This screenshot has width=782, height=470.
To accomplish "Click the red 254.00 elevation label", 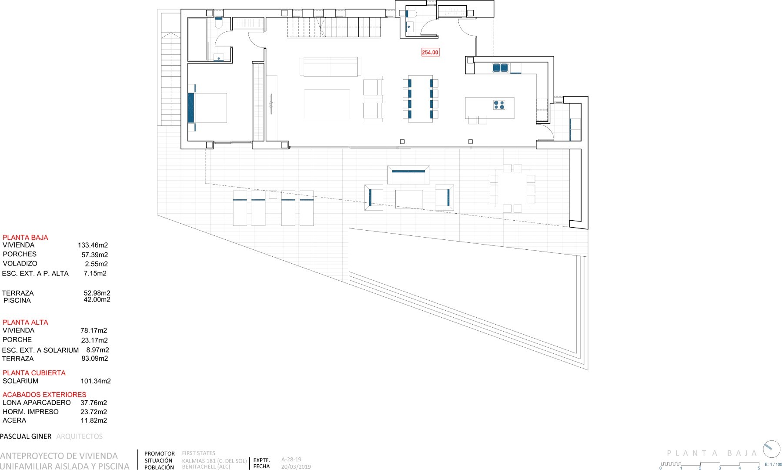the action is [x=430, y=52].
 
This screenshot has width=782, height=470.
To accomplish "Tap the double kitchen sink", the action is [x=500, y=67].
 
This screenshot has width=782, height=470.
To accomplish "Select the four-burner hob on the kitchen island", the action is [x=499, y=104].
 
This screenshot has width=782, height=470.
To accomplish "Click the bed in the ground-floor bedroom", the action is [x=207, y=107].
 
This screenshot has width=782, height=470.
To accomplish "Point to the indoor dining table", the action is [x=420, y=99].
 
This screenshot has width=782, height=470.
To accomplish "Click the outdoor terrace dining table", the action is [x=512, y=188].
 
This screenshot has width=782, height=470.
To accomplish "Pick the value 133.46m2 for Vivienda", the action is [x=93, y=245].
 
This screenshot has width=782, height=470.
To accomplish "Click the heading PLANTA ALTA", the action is [x=25, y=322].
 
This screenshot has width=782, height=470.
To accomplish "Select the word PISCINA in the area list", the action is [x=17, y=300].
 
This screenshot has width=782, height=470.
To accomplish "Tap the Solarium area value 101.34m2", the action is [x=96, y=381].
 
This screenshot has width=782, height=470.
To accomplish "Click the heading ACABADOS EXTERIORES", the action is [x=44, y=394].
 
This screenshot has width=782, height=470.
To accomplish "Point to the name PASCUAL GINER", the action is [x=26, y=436].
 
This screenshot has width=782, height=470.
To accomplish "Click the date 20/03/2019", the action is [x=296, y=467].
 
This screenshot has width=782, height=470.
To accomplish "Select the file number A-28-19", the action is [x=291, y=459].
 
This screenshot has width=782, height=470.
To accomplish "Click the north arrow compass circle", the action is [x=772, y=449].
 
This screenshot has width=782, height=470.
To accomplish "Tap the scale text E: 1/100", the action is [x=773, y=464].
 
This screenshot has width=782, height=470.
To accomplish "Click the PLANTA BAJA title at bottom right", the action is [x=712, y=453].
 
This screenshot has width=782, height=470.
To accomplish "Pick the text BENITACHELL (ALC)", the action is [x=206, y=467].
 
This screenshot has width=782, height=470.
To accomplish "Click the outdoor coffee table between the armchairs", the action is [x=409, y=199].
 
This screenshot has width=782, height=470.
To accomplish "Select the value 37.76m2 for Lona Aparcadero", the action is [x=94, y=403].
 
